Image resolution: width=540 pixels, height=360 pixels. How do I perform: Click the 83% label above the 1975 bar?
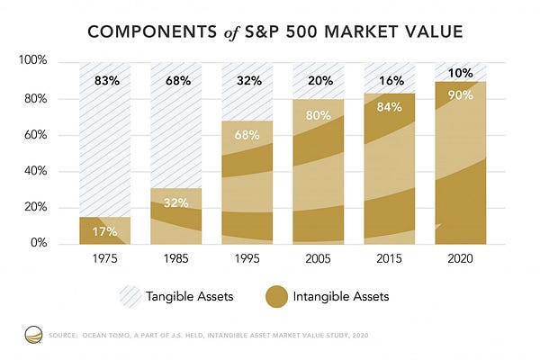pos(107,81)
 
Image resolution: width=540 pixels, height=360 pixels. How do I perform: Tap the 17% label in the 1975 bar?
pos(104,231)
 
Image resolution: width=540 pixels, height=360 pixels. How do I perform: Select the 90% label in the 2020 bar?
pos(461,95)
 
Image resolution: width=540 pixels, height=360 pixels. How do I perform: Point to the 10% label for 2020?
pos(461,73)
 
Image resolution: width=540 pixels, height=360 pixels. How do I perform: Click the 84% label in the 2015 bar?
pos(389,107)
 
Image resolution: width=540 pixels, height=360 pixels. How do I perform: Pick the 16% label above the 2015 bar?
pos(391,81)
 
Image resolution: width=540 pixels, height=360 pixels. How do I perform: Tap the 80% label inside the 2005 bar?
pos(319,115)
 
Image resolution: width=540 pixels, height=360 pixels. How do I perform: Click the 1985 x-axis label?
pos(176,258)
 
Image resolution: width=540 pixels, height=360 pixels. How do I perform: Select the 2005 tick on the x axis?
pos(318,258)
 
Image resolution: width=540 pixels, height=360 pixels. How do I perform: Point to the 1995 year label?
pos(247,258)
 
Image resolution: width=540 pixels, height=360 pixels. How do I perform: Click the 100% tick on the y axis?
pos(32,60)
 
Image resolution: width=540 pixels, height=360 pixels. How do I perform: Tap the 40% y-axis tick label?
pos(35,171)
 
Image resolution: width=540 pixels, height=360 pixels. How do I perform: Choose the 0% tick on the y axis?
pos(39,242)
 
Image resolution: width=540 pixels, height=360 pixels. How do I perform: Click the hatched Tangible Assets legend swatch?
pos(130,297)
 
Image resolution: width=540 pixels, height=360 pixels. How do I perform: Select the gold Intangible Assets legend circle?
pos(276,297)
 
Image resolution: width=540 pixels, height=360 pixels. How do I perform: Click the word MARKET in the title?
pos(361,31)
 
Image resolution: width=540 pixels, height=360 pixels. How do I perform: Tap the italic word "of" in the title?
pos(231,33)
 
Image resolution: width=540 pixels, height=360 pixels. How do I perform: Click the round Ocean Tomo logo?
pos(33,335)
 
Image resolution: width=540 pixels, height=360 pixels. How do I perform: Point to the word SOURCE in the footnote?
pos(63,335)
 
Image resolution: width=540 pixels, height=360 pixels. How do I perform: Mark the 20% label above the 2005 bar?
pos(320,81)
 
